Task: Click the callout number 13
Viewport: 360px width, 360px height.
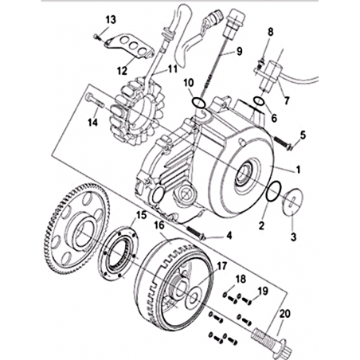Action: coord(111,20)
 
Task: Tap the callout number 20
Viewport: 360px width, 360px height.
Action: coord(285,314)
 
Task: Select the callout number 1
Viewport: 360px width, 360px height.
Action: coord(298,170)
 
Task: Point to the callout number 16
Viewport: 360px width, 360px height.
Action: coord(159,225)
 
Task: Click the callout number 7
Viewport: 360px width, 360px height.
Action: coord(286,101)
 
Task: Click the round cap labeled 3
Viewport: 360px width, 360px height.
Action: coord(292,201)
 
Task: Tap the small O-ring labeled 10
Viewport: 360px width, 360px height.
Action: coord(199,103)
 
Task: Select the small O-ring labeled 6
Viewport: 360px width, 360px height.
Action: coord(258,101)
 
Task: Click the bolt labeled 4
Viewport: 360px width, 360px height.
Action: coord(197,232)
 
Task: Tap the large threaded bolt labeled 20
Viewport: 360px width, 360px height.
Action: coord(271,341)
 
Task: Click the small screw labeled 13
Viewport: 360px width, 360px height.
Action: coord(97,37)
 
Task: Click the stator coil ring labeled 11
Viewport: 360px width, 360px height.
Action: coord(136,112)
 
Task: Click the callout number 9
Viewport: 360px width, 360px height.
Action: coord(239,51)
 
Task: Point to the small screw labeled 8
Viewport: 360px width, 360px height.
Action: coord(260,63)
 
